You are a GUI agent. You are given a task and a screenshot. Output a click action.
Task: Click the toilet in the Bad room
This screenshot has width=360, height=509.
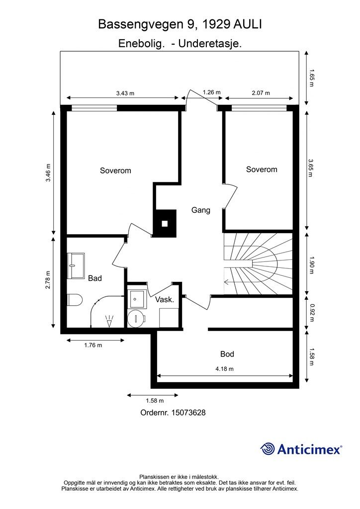point(74,300)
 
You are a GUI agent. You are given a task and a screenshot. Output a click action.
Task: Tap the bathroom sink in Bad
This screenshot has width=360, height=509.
point(76,266)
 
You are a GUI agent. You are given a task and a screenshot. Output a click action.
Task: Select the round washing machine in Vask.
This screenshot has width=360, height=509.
point(136,319)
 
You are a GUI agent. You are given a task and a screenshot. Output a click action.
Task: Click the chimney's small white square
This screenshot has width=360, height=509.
point(165,224)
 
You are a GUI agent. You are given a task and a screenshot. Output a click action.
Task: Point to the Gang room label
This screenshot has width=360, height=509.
point(200,210)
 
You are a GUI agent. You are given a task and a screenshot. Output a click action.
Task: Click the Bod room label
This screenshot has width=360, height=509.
point(227,354)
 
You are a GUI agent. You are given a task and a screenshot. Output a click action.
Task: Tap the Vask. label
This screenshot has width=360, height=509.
point(165,300)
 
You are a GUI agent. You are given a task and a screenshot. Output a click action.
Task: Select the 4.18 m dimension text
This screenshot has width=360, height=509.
point(225,369)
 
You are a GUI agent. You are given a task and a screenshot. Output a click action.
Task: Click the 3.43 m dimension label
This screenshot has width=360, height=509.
point(125,93)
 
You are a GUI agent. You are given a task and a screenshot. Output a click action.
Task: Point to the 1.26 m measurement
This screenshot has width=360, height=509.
point(212,92)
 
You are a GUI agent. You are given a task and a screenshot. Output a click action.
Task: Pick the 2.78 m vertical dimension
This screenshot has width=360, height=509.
point(48,280)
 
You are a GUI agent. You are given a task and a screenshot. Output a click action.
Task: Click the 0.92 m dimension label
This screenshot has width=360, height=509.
point(312,313)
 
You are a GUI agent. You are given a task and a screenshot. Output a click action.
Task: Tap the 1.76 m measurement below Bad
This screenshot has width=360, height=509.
point(93,345)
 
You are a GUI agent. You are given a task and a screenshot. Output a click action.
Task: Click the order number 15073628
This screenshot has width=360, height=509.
point(188,413)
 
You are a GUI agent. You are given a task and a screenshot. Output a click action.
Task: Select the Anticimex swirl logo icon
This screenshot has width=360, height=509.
point(268,449)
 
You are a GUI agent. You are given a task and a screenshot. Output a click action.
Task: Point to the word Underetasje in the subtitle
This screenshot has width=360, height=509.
point(210,44)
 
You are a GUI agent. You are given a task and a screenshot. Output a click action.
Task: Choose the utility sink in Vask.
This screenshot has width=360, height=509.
point(137,299)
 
